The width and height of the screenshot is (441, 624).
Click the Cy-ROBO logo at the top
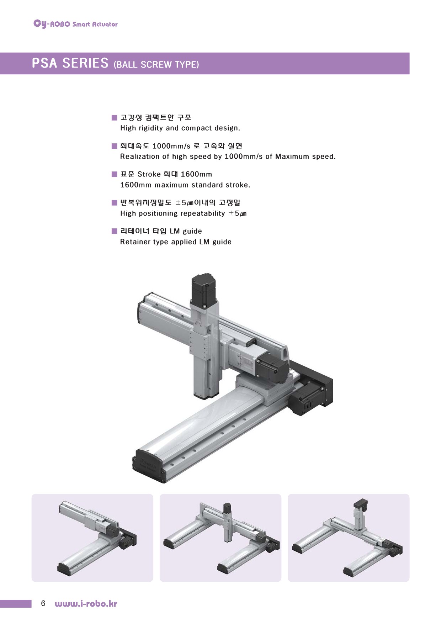75,24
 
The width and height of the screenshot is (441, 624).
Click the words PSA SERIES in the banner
70,63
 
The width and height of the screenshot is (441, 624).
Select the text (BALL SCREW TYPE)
156,64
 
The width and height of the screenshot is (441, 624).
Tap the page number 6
43,603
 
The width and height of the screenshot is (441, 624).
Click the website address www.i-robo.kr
86,603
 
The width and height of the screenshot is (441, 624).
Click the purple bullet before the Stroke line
114,174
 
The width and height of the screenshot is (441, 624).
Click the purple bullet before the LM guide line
114,231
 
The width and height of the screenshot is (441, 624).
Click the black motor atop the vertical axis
204,289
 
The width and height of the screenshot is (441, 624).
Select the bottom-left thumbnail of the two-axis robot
92,538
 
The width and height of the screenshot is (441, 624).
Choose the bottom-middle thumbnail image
220,538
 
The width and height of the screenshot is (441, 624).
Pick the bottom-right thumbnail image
349,538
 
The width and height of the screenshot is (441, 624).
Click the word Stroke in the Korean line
149,174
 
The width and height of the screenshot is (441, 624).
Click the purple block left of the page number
16,603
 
